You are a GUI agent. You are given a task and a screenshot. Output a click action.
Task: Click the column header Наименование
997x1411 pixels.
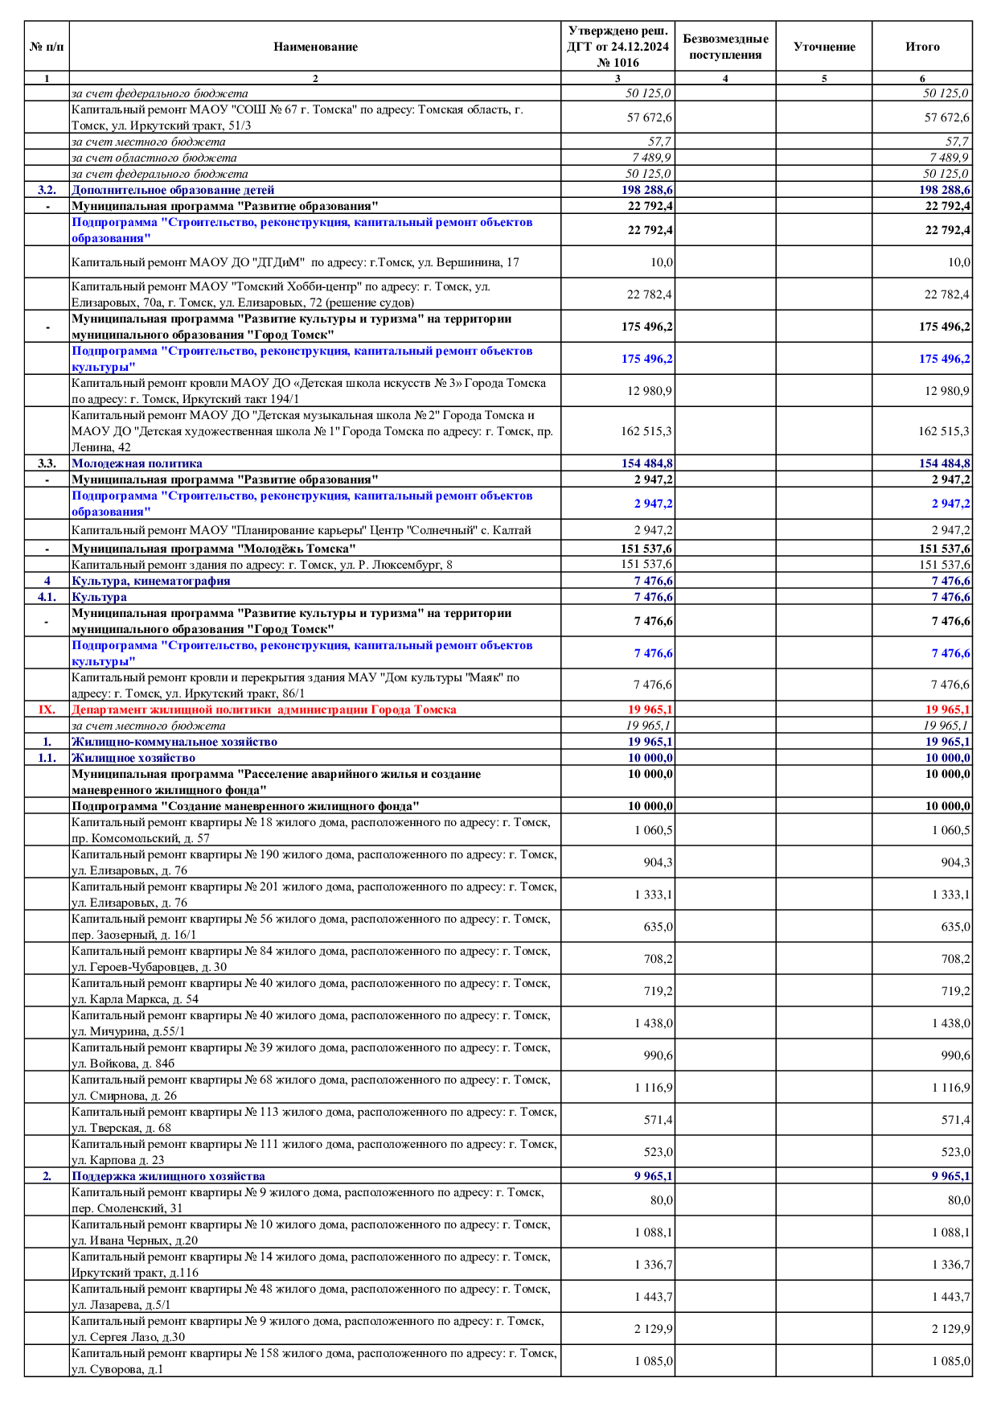click(x=315, y=47)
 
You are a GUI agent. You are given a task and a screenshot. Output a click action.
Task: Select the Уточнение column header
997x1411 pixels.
click(x=824, y=47)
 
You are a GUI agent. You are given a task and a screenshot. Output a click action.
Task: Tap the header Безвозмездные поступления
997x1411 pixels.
click(x=725, y=47)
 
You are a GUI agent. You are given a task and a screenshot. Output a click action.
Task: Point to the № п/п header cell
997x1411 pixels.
click(x=47, y=47)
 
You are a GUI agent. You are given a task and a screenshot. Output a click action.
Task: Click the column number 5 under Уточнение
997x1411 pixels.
click(x=824, y=79)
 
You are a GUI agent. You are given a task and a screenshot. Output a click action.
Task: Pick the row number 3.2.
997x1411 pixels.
click(x=47, y=190)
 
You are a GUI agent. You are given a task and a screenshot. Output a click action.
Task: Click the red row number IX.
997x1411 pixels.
click(x=47, y=710)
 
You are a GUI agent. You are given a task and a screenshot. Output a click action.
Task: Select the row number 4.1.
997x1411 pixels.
click(x=47, y=597)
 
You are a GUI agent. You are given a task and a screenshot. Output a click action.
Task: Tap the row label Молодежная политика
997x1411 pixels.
click(x=137, y=463)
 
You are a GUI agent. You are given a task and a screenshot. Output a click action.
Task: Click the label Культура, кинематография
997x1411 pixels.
click(x=150, y=581)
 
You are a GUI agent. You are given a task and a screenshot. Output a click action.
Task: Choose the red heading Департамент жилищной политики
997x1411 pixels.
click(x=264, y=710)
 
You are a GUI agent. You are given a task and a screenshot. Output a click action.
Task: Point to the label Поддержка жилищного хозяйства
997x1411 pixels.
click(x=168, y=1176)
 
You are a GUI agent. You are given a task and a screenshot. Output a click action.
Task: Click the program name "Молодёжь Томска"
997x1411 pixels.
click(x=213, y=549)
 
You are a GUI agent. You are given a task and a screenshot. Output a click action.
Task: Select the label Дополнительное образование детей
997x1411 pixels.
click(x=173, y=190)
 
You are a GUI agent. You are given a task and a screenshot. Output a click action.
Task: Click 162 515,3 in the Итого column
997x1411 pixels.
click(x=944, y=431)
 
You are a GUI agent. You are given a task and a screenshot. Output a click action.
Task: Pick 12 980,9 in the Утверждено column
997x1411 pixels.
click(x=650, y=391)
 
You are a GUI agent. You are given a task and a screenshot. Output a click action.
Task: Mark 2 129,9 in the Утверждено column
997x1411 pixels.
click(x=654, y=1329)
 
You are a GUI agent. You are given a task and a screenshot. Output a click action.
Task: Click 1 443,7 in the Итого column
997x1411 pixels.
click(x=951, y=1297)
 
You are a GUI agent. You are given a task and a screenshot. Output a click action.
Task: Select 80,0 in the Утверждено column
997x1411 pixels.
click(x=662, y=1200)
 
